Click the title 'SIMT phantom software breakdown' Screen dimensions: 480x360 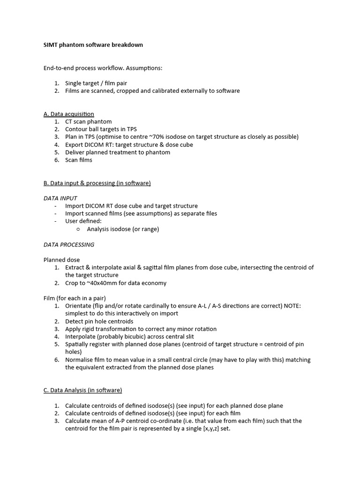pos(93,45)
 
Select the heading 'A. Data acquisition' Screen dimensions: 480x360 pos(69,114)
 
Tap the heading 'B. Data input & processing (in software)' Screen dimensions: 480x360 pos(97,183)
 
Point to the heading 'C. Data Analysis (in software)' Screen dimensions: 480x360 pos(82,390)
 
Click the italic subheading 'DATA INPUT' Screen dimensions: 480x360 pos(60,198)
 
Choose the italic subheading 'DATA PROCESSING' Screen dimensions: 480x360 pos(69,245)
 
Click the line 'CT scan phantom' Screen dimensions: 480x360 pos(88,122)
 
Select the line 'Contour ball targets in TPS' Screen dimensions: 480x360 pos(101,129)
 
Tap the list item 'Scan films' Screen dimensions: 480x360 pos(79,160)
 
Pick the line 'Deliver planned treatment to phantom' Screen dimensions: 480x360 pos(118,152)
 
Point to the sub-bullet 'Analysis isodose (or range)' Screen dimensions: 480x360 pos(123,229)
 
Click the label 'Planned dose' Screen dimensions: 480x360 pos(62,260)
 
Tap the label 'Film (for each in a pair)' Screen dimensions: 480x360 pos(75,298)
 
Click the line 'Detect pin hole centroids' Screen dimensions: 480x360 pos(99,322)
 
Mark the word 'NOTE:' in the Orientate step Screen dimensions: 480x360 pos(292,306)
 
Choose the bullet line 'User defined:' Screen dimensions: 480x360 pos(83,221)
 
